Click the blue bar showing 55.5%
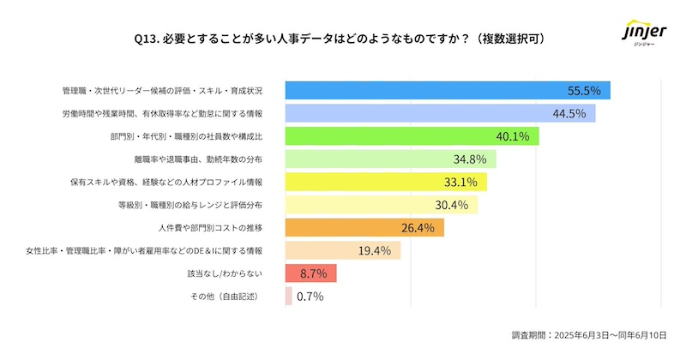pos(447,90)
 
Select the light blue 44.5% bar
pos(440,113)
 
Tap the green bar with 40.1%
pos(412,135)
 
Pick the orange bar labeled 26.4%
pos(364,227)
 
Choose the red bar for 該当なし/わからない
pos(310,273)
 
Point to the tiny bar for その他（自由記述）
pos(288,297)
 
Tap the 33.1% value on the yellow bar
pos(460,182)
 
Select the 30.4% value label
pos(451,205)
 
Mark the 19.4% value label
pos(375,250)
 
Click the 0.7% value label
pos(310,297)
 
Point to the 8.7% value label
pos(314,273)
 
